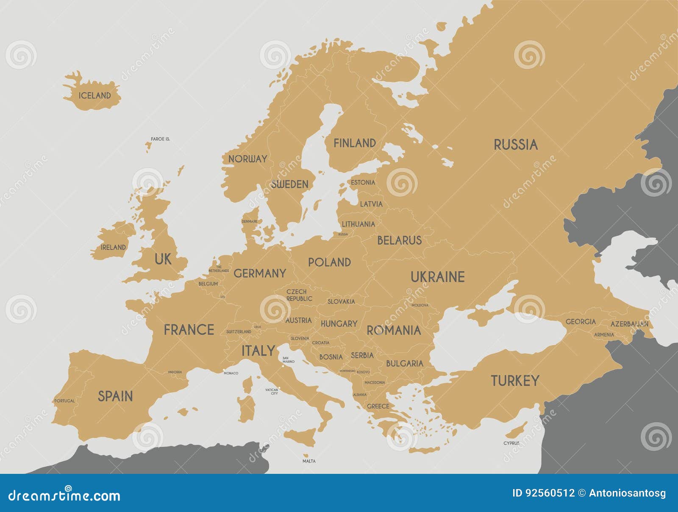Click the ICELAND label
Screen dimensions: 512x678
pyautogui.click(x=94, y=95)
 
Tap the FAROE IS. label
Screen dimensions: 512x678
pyautogui.click(x=160, y=139)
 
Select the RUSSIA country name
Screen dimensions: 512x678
pyautogui.click(x=515, y=145)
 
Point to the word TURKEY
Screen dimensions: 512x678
pyautogui.click(x=515, y=381)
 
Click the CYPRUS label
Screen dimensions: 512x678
pyautogui.click(x=511, y=443)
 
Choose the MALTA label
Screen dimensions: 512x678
pyautogui.click(x=309, y=461)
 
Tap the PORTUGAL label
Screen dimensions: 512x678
pyautogui.click(x=64, y=401)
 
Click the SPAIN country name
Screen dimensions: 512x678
pyautogui.click(x=115, y=396)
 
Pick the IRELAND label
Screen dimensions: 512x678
pyautogui.click(x=113, y=247)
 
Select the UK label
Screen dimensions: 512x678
pyautogui.click(x=163, y=259)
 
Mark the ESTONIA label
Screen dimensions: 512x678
pyautogui.click(x=363, y=183)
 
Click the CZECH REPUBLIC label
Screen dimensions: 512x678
pyautogui.click(x=299, y=295)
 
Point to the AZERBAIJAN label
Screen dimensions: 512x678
pyautogui.click(x=629, y=324)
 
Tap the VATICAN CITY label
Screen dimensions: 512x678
pyautogui.click(x=272, y=392)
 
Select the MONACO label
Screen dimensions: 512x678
pyautogui.click(x=231, y=373)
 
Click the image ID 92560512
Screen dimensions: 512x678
pyautogui.click(x=543, y=493)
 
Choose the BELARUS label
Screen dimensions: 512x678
pyautogui.click(x=399, y=240)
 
